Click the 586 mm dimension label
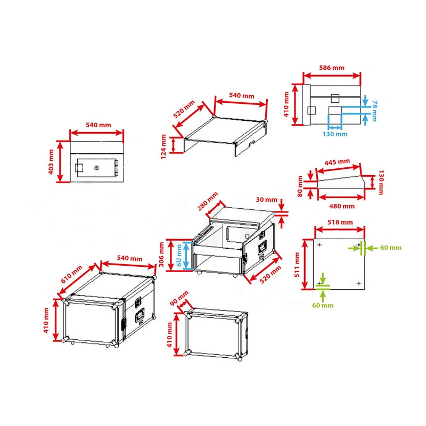pos(331,68)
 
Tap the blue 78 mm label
pos(374,111)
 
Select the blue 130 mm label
pos(335,134)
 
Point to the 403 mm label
pos(51,162)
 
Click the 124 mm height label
pos(163,147)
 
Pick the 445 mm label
pos(337,162)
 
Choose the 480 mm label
pos(342,206)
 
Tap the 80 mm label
pos(300,186)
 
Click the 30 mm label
pos(267,199)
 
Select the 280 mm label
pos(208,201)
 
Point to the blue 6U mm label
pos(179,255)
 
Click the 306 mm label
pos(161,255)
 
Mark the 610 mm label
pos(71,274)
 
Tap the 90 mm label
pos(179,298)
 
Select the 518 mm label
pos(340,222)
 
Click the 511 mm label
pos(297,265)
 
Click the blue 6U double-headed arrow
pos(186,255)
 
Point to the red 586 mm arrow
pos(332,76)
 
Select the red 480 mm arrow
pos(341,198)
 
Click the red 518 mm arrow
pos(340,230)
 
